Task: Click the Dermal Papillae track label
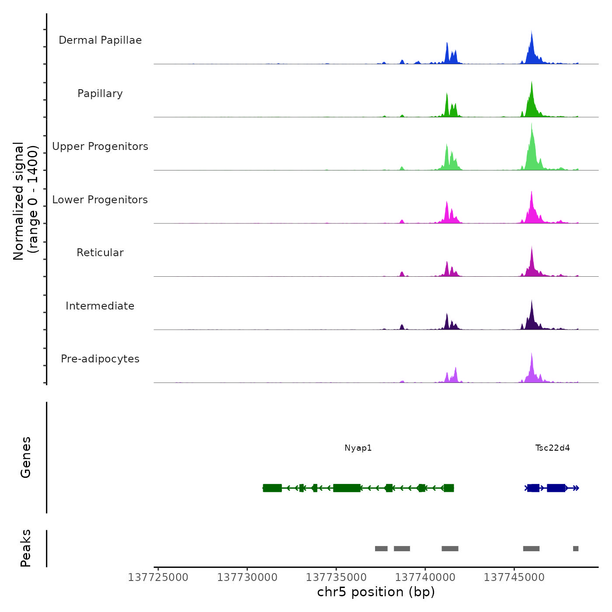click(x=100, y=40)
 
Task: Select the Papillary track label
click(x=100, y=94)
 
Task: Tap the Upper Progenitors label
click(x=100, y=146)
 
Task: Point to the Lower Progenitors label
click(x=100, y=200)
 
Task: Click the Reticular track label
click(x=100, y=253)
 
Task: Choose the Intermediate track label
click(x=100, y=306)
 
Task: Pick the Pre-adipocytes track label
click(x=100, y=359)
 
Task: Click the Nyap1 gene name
click(x=358, y=448)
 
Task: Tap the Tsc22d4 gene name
click(x=553, y=448)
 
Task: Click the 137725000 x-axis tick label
click(x=158, y=577)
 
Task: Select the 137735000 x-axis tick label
click(x=336, y=577)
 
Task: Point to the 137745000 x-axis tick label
click(x=514, y=577)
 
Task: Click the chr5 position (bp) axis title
click(x=376, y=592)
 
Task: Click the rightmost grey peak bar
click(x=576, y=549)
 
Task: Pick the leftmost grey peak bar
click(x=381, y=549)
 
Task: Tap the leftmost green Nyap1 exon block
click(x=272, y=488)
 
